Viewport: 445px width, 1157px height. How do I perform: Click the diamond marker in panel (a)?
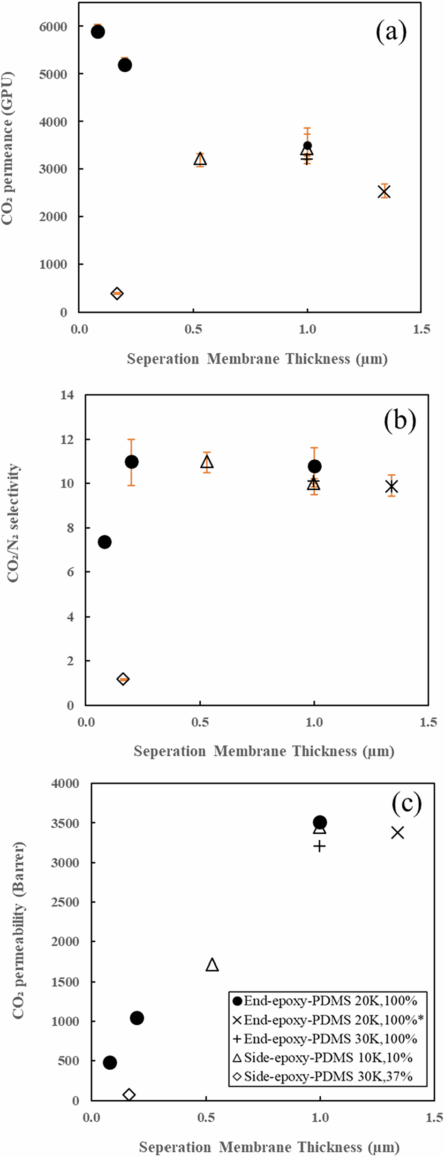tap(117, 293)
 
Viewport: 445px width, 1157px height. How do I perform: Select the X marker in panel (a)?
tap(384, 191)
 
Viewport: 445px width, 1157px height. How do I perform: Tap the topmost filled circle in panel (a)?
tap(98, 32)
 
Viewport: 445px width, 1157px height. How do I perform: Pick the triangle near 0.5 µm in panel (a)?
tap(200, 160)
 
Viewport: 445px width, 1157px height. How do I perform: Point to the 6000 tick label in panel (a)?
tap(53, 27)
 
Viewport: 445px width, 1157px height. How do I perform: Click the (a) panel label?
tap(391, 32)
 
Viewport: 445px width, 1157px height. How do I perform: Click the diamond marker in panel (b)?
tap(123, 679)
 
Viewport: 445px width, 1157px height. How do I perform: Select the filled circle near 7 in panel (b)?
tap(105, 542)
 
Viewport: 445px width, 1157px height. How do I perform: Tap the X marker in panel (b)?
tap(392, 487)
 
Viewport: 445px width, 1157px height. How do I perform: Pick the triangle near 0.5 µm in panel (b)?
tap(207, 462)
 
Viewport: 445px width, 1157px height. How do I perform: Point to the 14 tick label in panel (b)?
tap(67, 395)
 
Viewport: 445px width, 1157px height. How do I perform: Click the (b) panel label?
tap(400, 420)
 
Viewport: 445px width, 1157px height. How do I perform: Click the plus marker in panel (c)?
tap(319, 846)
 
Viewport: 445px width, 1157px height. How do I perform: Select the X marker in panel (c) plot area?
tap(398, 833)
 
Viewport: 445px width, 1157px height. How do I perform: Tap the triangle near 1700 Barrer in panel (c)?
tap(212, 965)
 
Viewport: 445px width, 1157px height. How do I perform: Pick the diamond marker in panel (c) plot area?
tap(129, 1095)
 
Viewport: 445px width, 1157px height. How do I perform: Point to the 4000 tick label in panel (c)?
tap(65, 784)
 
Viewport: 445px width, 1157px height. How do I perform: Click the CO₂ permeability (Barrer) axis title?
tap(18, 931)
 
